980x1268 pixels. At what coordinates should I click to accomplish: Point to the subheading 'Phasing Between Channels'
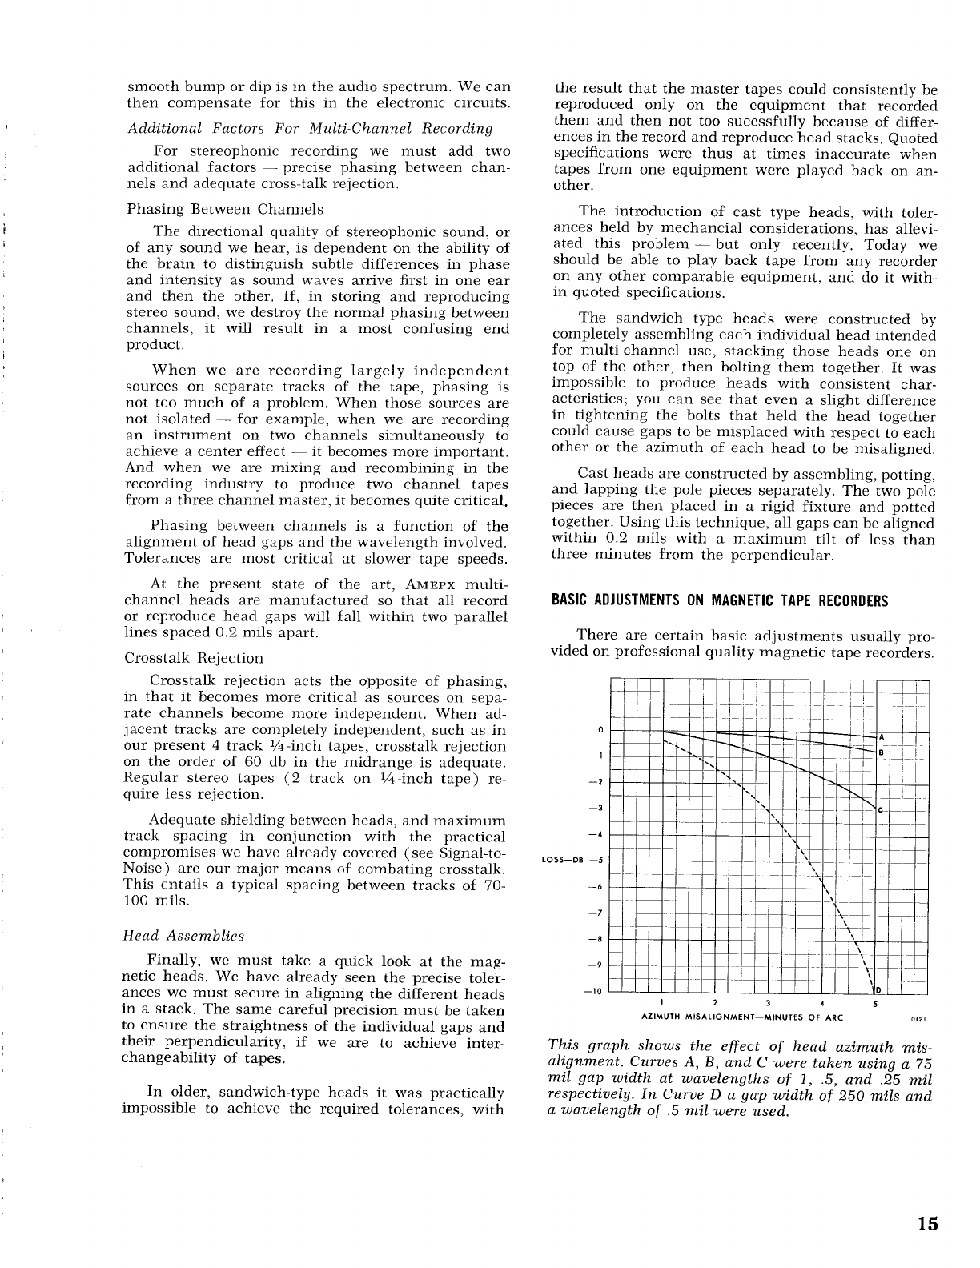225,209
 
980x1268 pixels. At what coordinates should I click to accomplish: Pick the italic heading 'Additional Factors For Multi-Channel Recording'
310,128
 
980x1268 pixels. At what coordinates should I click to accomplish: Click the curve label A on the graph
881,736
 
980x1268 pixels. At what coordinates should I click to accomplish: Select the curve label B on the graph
881,753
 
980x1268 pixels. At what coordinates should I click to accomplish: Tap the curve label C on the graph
880,811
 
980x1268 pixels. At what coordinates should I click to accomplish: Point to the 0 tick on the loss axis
600,729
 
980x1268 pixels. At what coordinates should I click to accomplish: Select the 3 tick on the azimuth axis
768,1003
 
